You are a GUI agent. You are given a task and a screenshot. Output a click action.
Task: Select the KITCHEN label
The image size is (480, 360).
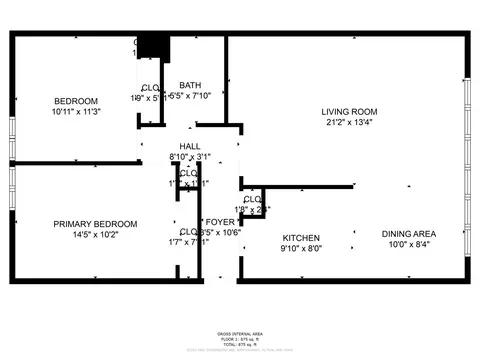(x=300, y=237)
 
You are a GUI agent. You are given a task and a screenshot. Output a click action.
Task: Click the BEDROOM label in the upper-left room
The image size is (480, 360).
(x=76, y=101)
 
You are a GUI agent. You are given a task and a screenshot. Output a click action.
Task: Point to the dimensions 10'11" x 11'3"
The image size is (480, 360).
(x=76, y=112)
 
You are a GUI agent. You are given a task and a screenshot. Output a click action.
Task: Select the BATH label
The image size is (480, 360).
(x=190, y=85)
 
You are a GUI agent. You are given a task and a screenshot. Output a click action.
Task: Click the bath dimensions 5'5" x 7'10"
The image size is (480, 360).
(x=190, y=96)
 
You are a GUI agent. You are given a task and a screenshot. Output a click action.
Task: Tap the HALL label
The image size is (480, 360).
(x=190, y=146)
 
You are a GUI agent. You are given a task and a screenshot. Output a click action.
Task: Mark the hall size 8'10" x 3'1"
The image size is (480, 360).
(x=190, y=157)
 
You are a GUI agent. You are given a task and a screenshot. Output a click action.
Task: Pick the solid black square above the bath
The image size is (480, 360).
(x=153, y=47)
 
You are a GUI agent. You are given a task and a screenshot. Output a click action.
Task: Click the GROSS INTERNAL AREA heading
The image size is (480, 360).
(x=240, y=333)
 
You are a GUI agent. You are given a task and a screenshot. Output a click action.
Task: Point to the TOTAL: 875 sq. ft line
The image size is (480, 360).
(x=240, y=344)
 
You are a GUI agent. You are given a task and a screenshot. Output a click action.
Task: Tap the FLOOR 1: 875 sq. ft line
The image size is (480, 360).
(x=240, y=339)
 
